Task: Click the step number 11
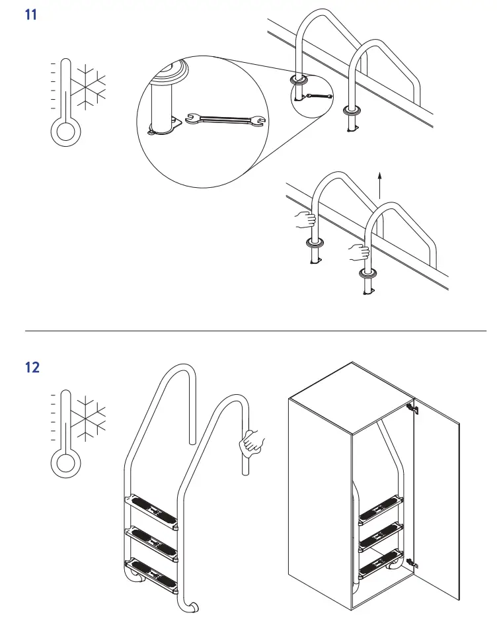pos(31,14)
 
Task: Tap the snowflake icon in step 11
pos(88,86)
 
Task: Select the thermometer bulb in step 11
pos(65,132)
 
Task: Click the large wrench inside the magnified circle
pos(226,120)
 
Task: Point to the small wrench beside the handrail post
pos(319,97)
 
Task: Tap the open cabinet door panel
pos(436,489)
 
